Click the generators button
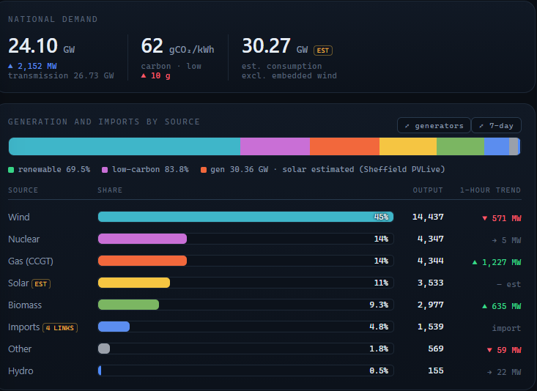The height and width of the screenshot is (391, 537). point(434,125)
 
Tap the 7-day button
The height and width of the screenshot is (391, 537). point(496,125)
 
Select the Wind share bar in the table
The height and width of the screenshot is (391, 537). point(245,217)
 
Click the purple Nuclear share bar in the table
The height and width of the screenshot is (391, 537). point(142,239)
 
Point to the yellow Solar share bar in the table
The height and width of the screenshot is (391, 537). point(134,283)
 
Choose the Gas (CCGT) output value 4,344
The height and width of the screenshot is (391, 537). point(431,261)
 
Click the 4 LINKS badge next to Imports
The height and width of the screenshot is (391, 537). point(60,327)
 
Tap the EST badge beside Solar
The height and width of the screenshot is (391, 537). point(41,284)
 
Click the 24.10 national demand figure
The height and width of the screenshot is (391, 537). point(33,46)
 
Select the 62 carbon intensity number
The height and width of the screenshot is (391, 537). point(152,46)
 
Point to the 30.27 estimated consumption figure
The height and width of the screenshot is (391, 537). point(266,46)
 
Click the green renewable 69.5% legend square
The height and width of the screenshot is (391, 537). point(11,170)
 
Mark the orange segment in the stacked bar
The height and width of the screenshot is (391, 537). point(344,146)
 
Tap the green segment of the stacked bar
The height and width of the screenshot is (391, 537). point(460,146)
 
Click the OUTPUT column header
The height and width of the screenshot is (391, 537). point(428,190)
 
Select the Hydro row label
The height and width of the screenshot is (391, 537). point(21,370)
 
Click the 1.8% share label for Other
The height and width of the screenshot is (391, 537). point(379,349)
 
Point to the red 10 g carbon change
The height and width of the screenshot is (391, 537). point(156,75)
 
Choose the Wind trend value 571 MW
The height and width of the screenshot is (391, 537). point(501,218)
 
